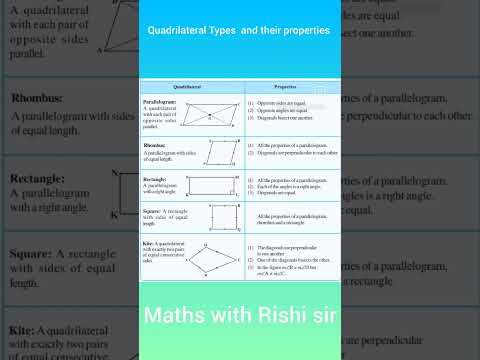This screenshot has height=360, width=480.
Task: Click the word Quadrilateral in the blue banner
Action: pos(185,31)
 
